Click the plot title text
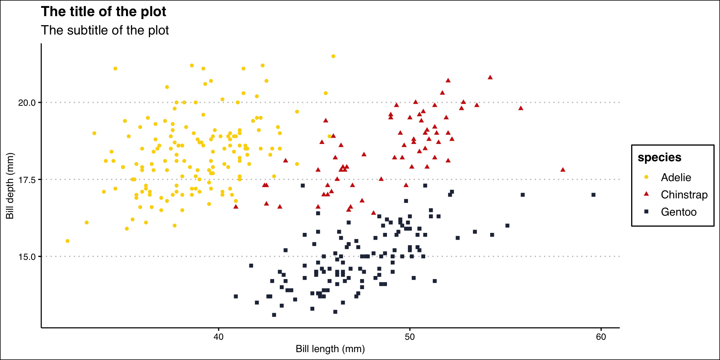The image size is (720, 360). (x=103, y=12)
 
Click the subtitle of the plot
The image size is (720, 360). (x=105, y=30)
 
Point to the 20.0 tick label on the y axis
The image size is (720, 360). (x=27, y=103)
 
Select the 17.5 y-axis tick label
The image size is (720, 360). (x=27, y=180)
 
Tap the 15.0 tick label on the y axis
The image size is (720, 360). (x=27, y=257)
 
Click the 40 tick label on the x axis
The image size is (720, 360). (x=218, y=337)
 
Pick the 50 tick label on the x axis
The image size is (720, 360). (x=409, y=337)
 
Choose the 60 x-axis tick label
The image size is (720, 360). (x=601, y=337)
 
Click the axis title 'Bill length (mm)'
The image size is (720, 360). (x=330, y=349)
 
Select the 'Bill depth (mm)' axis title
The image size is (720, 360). (x=10, y=186)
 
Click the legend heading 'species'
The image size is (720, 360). (x=659, y=157)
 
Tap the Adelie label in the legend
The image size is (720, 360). (x=676, y=177)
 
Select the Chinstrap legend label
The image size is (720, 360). (x=684, y=195)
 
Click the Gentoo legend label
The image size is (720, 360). (x=678, y=212)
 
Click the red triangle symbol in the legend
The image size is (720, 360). (x=646, y=194)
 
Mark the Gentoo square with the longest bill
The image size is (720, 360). (x=593, y=195)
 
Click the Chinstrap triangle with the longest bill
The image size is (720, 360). (x=562, y=170)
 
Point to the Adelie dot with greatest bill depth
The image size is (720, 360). (x=333, y=56)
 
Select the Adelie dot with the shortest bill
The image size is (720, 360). (x=67, y=241)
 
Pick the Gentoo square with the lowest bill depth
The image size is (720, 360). (x=274, y=315)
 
